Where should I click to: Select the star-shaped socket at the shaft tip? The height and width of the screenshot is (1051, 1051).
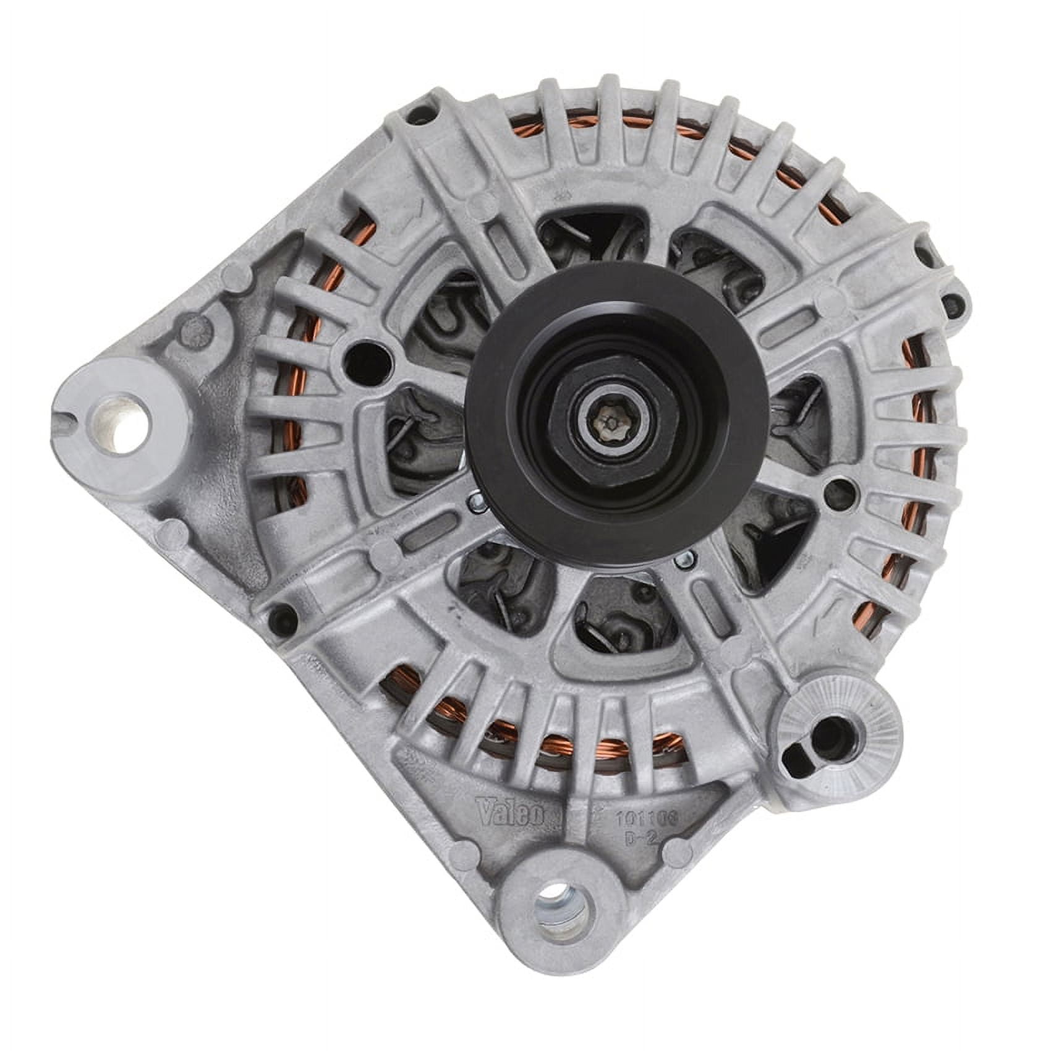pos(608,426)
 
